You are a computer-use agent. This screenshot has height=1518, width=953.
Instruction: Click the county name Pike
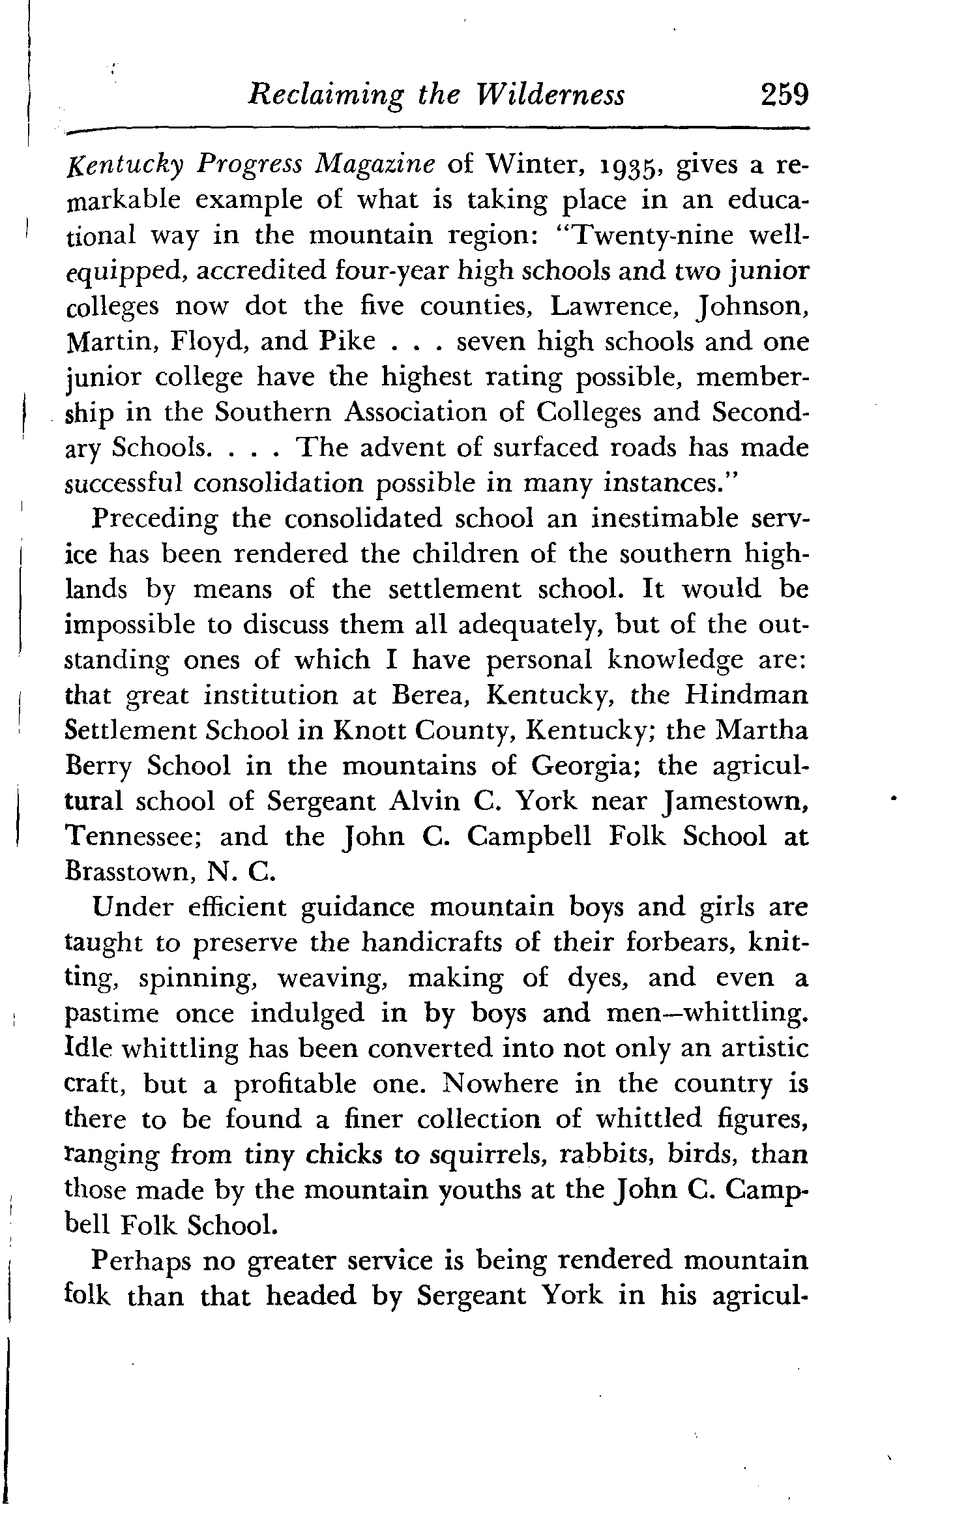pos(349,342)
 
